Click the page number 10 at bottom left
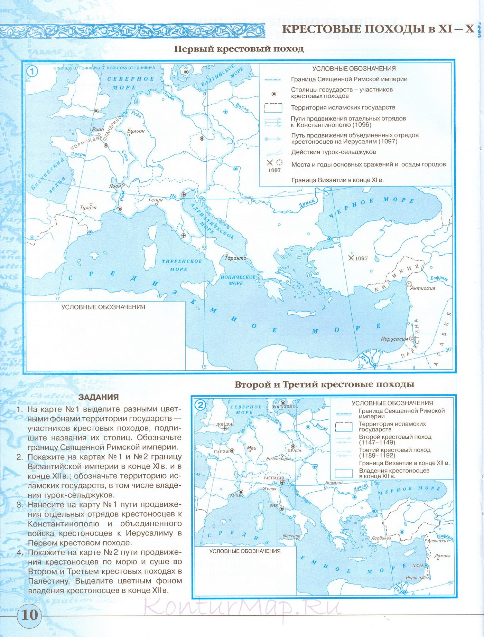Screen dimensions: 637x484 (x=29, y=615)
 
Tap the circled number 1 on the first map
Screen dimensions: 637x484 (x=32, y=72)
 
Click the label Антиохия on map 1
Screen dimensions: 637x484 (x=423, y=288)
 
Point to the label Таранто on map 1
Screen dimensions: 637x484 (x=236, y=258)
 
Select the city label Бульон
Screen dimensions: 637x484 (x=136, y=131)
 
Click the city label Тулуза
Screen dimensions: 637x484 (x=88, y=208)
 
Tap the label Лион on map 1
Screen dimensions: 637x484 (x=115, y=186)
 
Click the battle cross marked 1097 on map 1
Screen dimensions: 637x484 (x=351, y=258)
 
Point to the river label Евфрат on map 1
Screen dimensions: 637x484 (x=439, y=278)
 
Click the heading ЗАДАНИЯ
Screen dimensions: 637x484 (x=99, y=397)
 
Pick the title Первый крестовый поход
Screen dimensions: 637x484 (x=239, y=49)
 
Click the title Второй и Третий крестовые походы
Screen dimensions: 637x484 (x=324, y=384)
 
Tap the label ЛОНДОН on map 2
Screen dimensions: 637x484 (x=225, y=424)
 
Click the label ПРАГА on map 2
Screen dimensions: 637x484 (x=295, y=450)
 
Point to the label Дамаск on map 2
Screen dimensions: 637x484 (x=443, y=556)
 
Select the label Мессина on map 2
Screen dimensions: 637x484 (x=291, y=536)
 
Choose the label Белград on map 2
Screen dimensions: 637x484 (x=334, y=483)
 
